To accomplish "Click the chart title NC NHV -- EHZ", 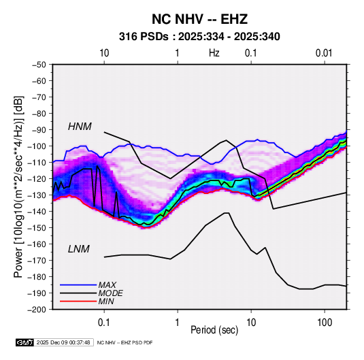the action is (199, 19).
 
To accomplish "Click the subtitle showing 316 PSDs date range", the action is (199, 37).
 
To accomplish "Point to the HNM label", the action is (80, 127).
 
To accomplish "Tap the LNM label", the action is (78, 249).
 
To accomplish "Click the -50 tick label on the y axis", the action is (39, 65).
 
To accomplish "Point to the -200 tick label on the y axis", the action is (37, 310).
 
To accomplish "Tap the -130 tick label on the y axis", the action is (37, 195).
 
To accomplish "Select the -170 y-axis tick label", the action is (37, 261).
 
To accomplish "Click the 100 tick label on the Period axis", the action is (325, 322).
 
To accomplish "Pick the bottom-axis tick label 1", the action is (177, 322).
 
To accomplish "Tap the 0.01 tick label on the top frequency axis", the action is (324, 53).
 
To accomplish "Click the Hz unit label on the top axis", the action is (214, 53).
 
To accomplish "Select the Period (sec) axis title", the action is (214, 330).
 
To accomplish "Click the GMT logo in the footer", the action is (24, 342).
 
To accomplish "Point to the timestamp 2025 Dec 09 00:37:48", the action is (63, 342).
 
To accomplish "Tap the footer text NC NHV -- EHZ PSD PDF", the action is (125, 342).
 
